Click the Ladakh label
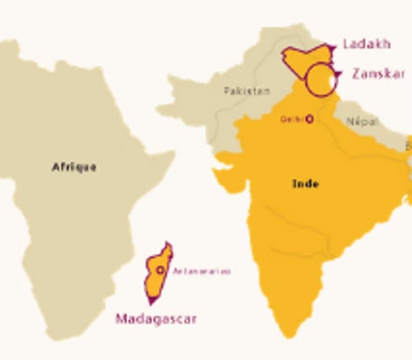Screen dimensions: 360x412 click(365, 44)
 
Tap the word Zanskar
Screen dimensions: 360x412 click(378, 74)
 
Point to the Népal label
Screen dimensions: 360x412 click(362, 122)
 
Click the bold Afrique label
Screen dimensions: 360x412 click(74, 167)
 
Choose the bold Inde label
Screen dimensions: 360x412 click(306, 183)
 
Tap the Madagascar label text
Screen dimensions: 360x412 click(156, 319)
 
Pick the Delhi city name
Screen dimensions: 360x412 click(290, 120)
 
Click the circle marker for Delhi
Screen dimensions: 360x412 click(309, 119)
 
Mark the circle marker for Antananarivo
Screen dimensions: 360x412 click(161, 271)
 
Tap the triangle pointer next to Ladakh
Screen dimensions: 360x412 click(332, 47)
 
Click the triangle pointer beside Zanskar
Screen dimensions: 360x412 click(338, 74)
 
